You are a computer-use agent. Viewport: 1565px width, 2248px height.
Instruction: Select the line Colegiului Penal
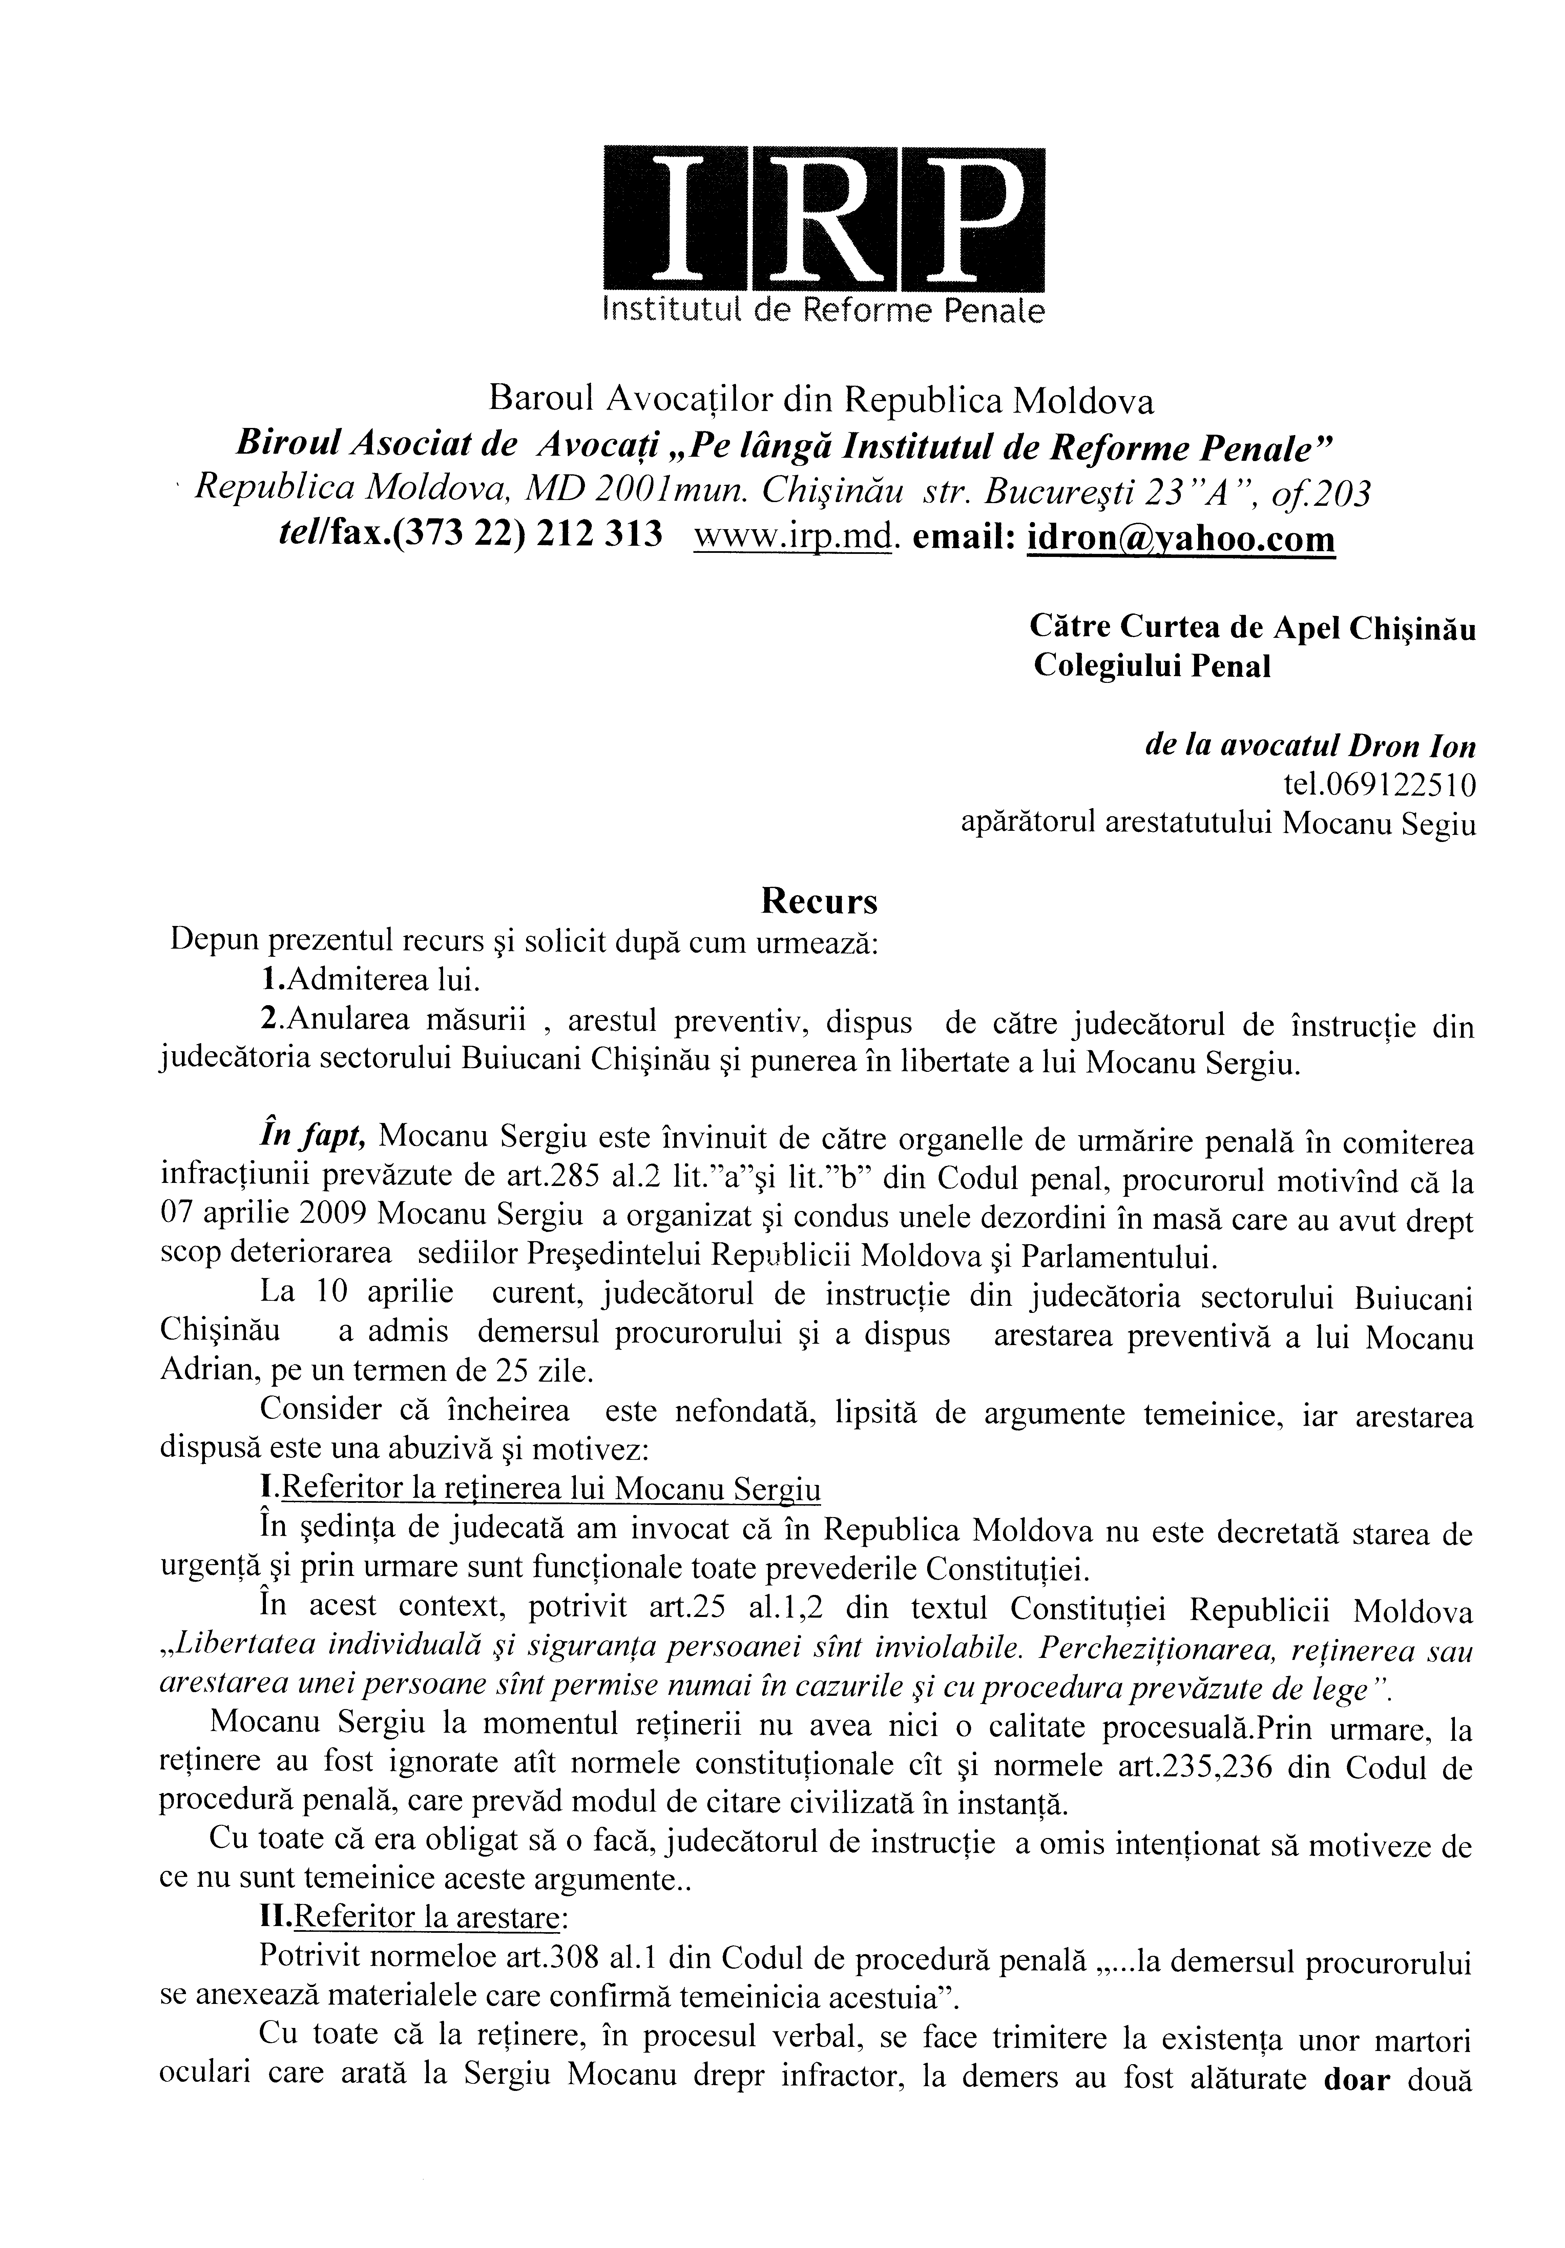click(x=1152, y=666)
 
